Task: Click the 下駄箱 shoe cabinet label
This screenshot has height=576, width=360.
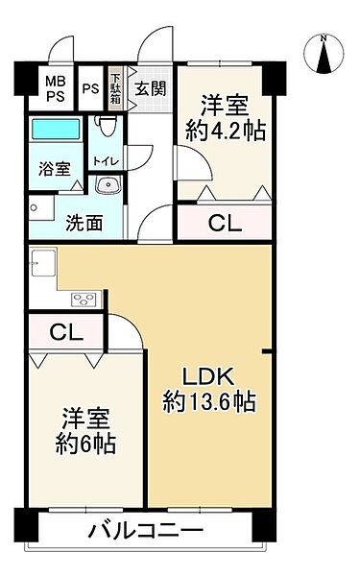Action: (115, 89)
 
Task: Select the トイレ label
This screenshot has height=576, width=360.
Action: (106, 161)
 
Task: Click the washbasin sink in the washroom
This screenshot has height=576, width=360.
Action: (108, 185)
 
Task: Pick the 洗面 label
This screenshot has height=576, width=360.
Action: (84, 224)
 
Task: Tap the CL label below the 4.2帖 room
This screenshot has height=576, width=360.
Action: (226, 224)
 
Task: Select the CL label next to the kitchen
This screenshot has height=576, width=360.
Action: (66, 333)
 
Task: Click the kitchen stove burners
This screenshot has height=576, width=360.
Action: (83, 299)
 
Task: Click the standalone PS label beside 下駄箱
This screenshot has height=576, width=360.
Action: (90, 89)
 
